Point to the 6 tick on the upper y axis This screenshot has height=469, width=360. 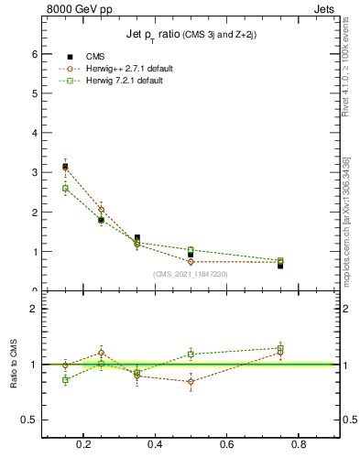coord(35,54)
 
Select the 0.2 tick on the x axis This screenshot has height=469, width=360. coord(84,445)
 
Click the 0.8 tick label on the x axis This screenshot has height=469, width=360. coord(299,445)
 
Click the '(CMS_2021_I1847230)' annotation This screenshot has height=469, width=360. coord(191,274)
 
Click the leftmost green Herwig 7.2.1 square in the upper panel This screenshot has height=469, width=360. coord(65,189)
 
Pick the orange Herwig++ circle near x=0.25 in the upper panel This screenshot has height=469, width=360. coord(101,209)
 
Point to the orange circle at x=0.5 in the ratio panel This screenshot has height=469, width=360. coord(191,381)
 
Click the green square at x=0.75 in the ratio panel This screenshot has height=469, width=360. coord(280,348)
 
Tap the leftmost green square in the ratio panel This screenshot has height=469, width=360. coord(65,379)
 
